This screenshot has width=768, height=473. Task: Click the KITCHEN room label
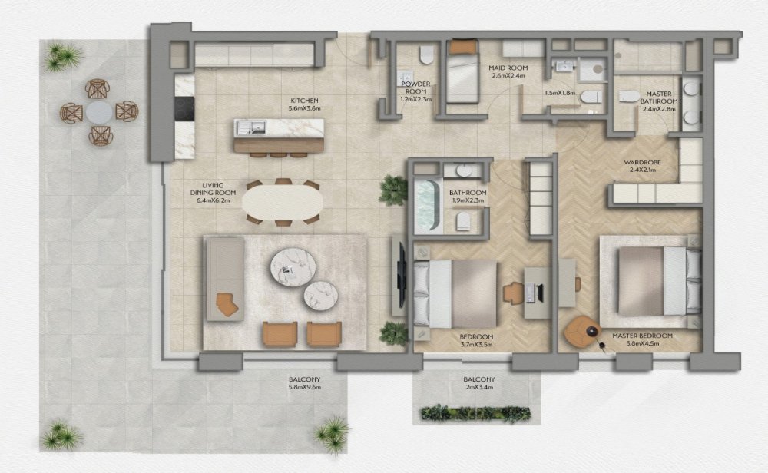tap(303, 101)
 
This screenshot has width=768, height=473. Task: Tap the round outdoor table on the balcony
tap(99, 112)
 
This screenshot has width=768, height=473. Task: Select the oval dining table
tap(283, 202)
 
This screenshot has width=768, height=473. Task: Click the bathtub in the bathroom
tap(428, 205)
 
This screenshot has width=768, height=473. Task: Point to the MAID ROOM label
tap(508, 68)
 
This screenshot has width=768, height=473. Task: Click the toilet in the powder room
tap(427, 55)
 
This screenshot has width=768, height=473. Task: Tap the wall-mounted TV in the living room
tap(402, 275)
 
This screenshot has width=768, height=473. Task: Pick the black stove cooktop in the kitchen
tap(184, 108)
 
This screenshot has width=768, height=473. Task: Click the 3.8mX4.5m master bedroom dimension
tap(643, 343)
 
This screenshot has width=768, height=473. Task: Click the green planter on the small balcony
tap(475, 413)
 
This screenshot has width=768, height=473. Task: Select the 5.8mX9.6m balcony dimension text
tap(304, 387)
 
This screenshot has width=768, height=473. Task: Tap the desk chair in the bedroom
tap(513, 293)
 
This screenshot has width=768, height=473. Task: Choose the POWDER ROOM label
tap(415, 88)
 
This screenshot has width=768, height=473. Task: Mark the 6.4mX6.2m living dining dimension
tap(213, 200)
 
